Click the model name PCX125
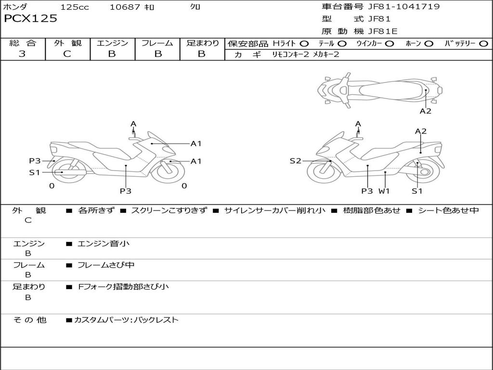click(30, 19)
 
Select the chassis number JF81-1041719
click(404, 7)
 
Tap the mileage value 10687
click(125, 7)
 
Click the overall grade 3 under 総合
click(22, 53)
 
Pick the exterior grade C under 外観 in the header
click(67, 53)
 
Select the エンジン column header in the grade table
click(112, 43)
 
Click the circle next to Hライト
click(304, 44)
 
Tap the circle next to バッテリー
click(483, 44)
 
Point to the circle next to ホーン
click(428, 44)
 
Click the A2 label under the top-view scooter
click(426, 111)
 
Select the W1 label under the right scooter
click(384, 191)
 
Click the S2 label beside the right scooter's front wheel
click(295, 161)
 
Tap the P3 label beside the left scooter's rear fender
click(35, 161)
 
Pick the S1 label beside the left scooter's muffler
click(35, 172)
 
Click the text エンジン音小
click(104, 243)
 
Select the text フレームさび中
click(106, 265)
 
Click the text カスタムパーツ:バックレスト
click(127, 320)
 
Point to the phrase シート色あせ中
click(448, 210)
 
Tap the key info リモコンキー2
click(290, 54)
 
